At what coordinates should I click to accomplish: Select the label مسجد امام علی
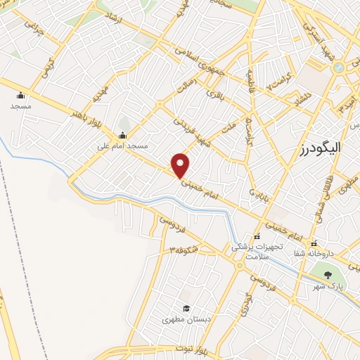tap(123, 146)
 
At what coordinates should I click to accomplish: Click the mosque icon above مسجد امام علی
tap(123, 136)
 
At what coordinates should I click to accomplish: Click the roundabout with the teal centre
tap(338, 67)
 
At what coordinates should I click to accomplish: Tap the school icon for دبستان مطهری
tap(186, 308)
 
